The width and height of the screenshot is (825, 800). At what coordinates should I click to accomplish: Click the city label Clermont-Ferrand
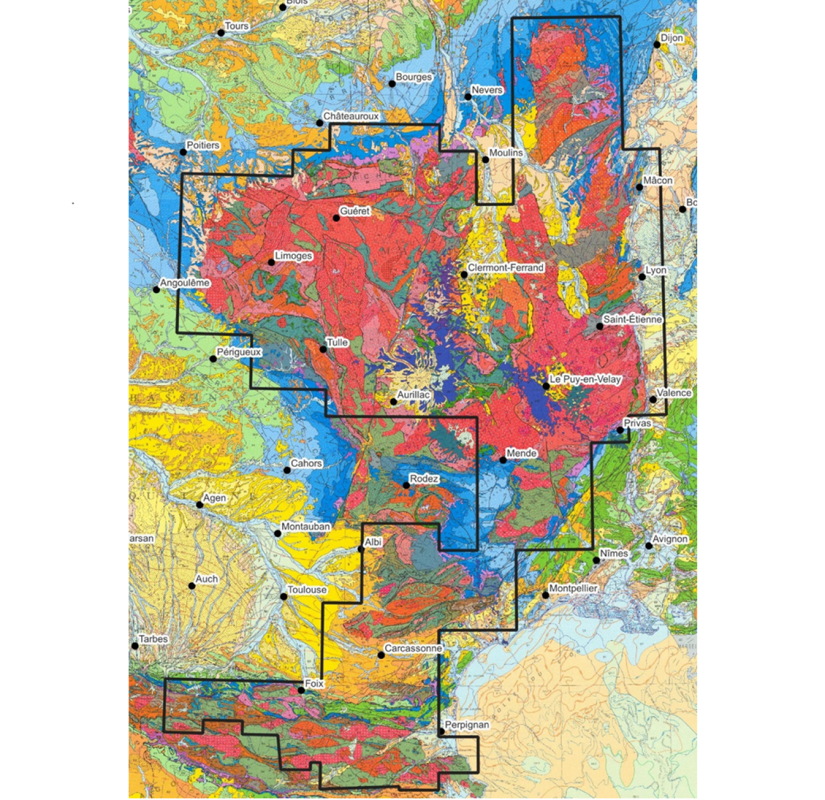506,268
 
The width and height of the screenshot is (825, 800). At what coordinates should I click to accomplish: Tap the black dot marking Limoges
271,262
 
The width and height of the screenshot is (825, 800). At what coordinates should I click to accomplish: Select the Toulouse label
307,589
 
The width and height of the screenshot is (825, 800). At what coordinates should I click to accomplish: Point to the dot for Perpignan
442,732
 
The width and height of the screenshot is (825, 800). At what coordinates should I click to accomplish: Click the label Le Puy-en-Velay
585,379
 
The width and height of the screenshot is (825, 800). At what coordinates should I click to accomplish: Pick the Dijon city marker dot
657,45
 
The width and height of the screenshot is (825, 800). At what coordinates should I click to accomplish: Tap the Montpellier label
573,588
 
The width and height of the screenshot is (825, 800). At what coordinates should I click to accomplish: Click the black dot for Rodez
406,485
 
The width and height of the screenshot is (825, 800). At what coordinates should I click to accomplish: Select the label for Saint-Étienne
632,319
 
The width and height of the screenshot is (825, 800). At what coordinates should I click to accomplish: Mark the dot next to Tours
221,33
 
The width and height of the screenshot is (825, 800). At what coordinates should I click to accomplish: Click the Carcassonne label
413,648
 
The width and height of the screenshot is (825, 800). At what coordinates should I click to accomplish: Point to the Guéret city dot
337,218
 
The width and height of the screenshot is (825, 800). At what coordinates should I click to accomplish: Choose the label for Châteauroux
351,116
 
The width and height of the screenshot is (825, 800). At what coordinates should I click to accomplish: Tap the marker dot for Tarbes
135,646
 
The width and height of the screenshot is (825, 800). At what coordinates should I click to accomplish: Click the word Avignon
670,539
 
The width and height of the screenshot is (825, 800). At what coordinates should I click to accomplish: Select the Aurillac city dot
394,402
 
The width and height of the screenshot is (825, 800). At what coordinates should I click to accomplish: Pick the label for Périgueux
239,352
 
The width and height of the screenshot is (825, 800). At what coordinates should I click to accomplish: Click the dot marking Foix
301,691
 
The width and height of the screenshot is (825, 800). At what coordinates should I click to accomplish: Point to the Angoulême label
185,283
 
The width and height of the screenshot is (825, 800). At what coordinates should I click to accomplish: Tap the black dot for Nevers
468,97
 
